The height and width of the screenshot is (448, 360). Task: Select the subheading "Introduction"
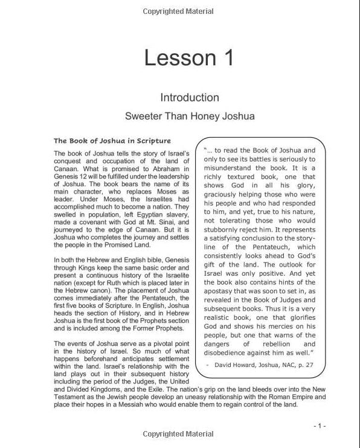click(189, 97)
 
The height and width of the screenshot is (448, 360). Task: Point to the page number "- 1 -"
click(320, 426)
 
